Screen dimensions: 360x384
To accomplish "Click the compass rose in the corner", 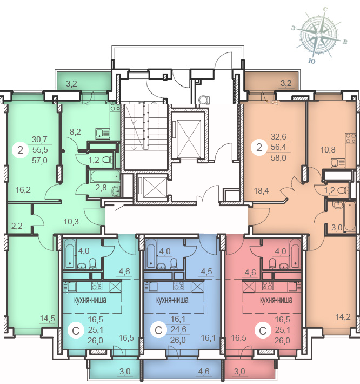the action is click(319, 36).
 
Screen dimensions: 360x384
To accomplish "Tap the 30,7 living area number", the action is click(39, 140).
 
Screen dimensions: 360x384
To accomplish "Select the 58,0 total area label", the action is click(278, 158).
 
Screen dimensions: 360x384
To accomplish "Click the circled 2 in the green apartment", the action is click(21, 150).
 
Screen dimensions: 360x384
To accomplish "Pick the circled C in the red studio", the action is click(263, 331).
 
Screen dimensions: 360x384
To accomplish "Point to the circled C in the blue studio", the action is click(158, 330).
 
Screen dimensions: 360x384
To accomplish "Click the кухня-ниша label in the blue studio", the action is click(172, 300).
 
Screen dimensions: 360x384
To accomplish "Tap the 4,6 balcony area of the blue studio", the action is click(204, 372).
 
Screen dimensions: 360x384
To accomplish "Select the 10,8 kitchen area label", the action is click(328, 149).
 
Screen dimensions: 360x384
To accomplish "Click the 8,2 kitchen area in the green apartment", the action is click(75, 132).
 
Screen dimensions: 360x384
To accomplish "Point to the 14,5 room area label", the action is click(48, 319).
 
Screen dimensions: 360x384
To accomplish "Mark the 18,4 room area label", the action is click(262, 191).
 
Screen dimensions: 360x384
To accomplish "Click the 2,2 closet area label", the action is click(17, 226).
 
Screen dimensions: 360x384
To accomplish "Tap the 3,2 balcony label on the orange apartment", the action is click(286, 83).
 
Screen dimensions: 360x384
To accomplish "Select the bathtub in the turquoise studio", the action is click(70, 253).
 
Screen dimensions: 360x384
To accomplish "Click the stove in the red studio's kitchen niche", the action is click(268, 286).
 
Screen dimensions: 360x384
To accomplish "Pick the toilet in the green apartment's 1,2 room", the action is click(107, 160).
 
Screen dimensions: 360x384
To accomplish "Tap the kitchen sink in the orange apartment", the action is click(338, 163).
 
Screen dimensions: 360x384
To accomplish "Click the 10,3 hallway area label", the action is click(71, 222).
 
